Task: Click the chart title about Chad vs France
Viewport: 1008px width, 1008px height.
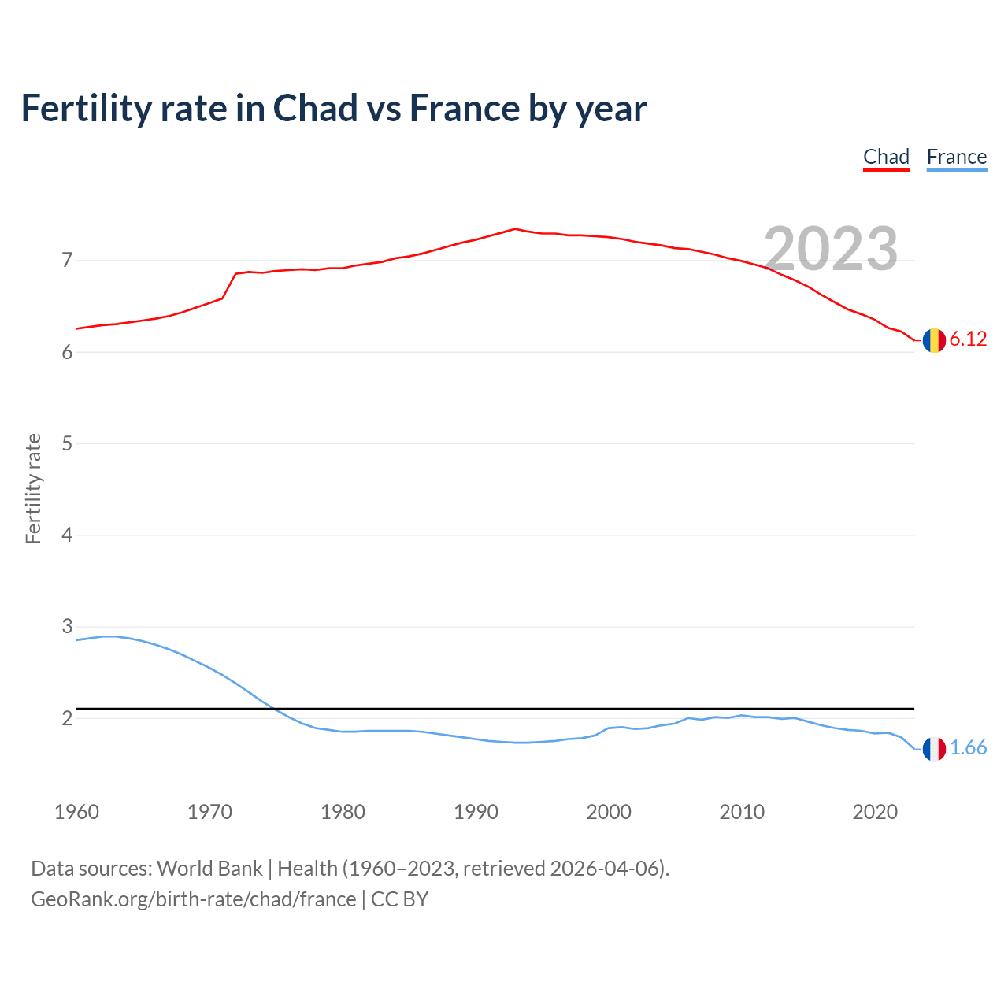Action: point(334,109)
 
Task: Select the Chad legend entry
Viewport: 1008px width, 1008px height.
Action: point(886,157)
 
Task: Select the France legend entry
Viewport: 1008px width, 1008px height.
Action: point(956,157)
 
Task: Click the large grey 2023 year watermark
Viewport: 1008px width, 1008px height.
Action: point(831,249)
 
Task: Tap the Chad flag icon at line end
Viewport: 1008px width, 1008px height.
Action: point(934,340)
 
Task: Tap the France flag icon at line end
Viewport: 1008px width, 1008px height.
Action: point(934,749)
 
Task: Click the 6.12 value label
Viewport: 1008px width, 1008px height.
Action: point(968,339)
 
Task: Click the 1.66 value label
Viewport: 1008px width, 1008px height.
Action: point(968,748)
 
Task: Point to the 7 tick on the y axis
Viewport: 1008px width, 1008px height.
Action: point(67,260)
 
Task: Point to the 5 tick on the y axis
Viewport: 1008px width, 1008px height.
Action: point(67,443)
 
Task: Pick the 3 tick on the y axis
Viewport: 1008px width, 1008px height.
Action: point(67,627)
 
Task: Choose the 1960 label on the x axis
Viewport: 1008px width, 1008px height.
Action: point(76,812)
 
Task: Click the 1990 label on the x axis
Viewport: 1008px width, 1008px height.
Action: point(476,812)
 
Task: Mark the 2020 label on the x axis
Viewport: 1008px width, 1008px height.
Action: point(875,812)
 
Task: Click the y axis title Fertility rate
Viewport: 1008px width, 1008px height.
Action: point(33,488)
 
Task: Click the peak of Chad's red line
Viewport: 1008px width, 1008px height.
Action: point(515,229)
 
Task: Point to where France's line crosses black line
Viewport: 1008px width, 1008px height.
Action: point(273,709)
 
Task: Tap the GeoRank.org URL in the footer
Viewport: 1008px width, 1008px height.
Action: point(193,899)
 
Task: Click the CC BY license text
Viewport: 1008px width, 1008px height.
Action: point(399,899)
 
